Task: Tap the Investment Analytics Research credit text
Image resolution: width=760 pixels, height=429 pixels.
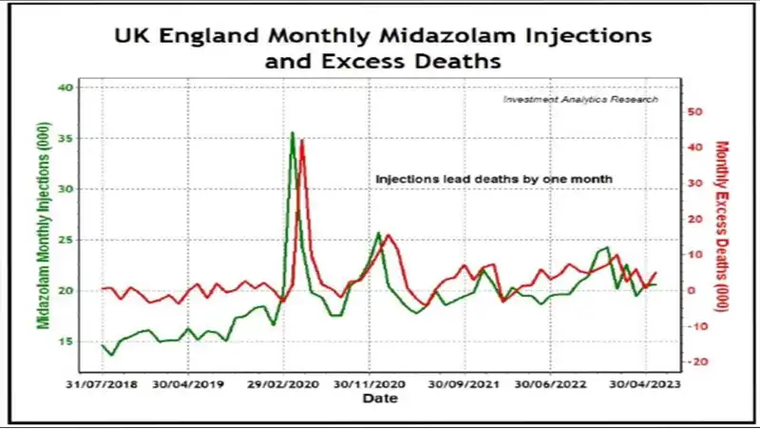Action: [x=579, y=99]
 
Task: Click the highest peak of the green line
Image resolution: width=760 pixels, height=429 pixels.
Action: [x=292, y=133]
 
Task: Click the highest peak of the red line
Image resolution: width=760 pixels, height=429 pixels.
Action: [x=302, y=141]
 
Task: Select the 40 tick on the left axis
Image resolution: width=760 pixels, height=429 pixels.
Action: [x=65, y=88]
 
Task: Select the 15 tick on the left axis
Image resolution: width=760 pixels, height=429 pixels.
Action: [x=65, y=341]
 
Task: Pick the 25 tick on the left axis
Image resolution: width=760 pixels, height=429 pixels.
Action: [x=65, y=240]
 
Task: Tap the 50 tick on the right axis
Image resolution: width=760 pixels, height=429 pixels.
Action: [x=695, y=111]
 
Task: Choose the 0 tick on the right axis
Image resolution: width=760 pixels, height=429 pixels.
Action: [x=694, y=291]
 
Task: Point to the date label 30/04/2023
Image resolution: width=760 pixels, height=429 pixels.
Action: [x=646, y=385]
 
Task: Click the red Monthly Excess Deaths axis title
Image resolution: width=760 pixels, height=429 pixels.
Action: [x=721, y=220]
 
